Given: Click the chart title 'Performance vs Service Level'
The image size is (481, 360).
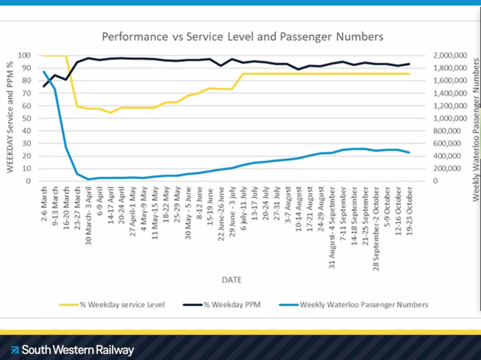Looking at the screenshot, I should coord(243,37).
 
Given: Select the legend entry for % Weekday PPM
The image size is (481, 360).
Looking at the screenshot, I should coord(232,305).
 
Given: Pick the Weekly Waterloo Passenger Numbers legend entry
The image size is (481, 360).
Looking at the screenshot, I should coord(364,305).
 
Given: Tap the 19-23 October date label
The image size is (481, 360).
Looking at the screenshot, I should coord(409,211).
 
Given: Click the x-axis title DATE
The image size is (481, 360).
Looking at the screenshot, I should coord(232,279).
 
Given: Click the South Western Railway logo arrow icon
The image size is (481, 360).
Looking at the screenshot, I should coord(15,350).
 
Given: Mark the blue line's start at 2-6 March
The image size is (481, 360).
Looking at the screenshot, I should coord(44,71).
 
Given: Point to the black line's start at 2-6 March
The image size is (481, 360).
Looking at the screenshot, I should coord(44,86).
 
